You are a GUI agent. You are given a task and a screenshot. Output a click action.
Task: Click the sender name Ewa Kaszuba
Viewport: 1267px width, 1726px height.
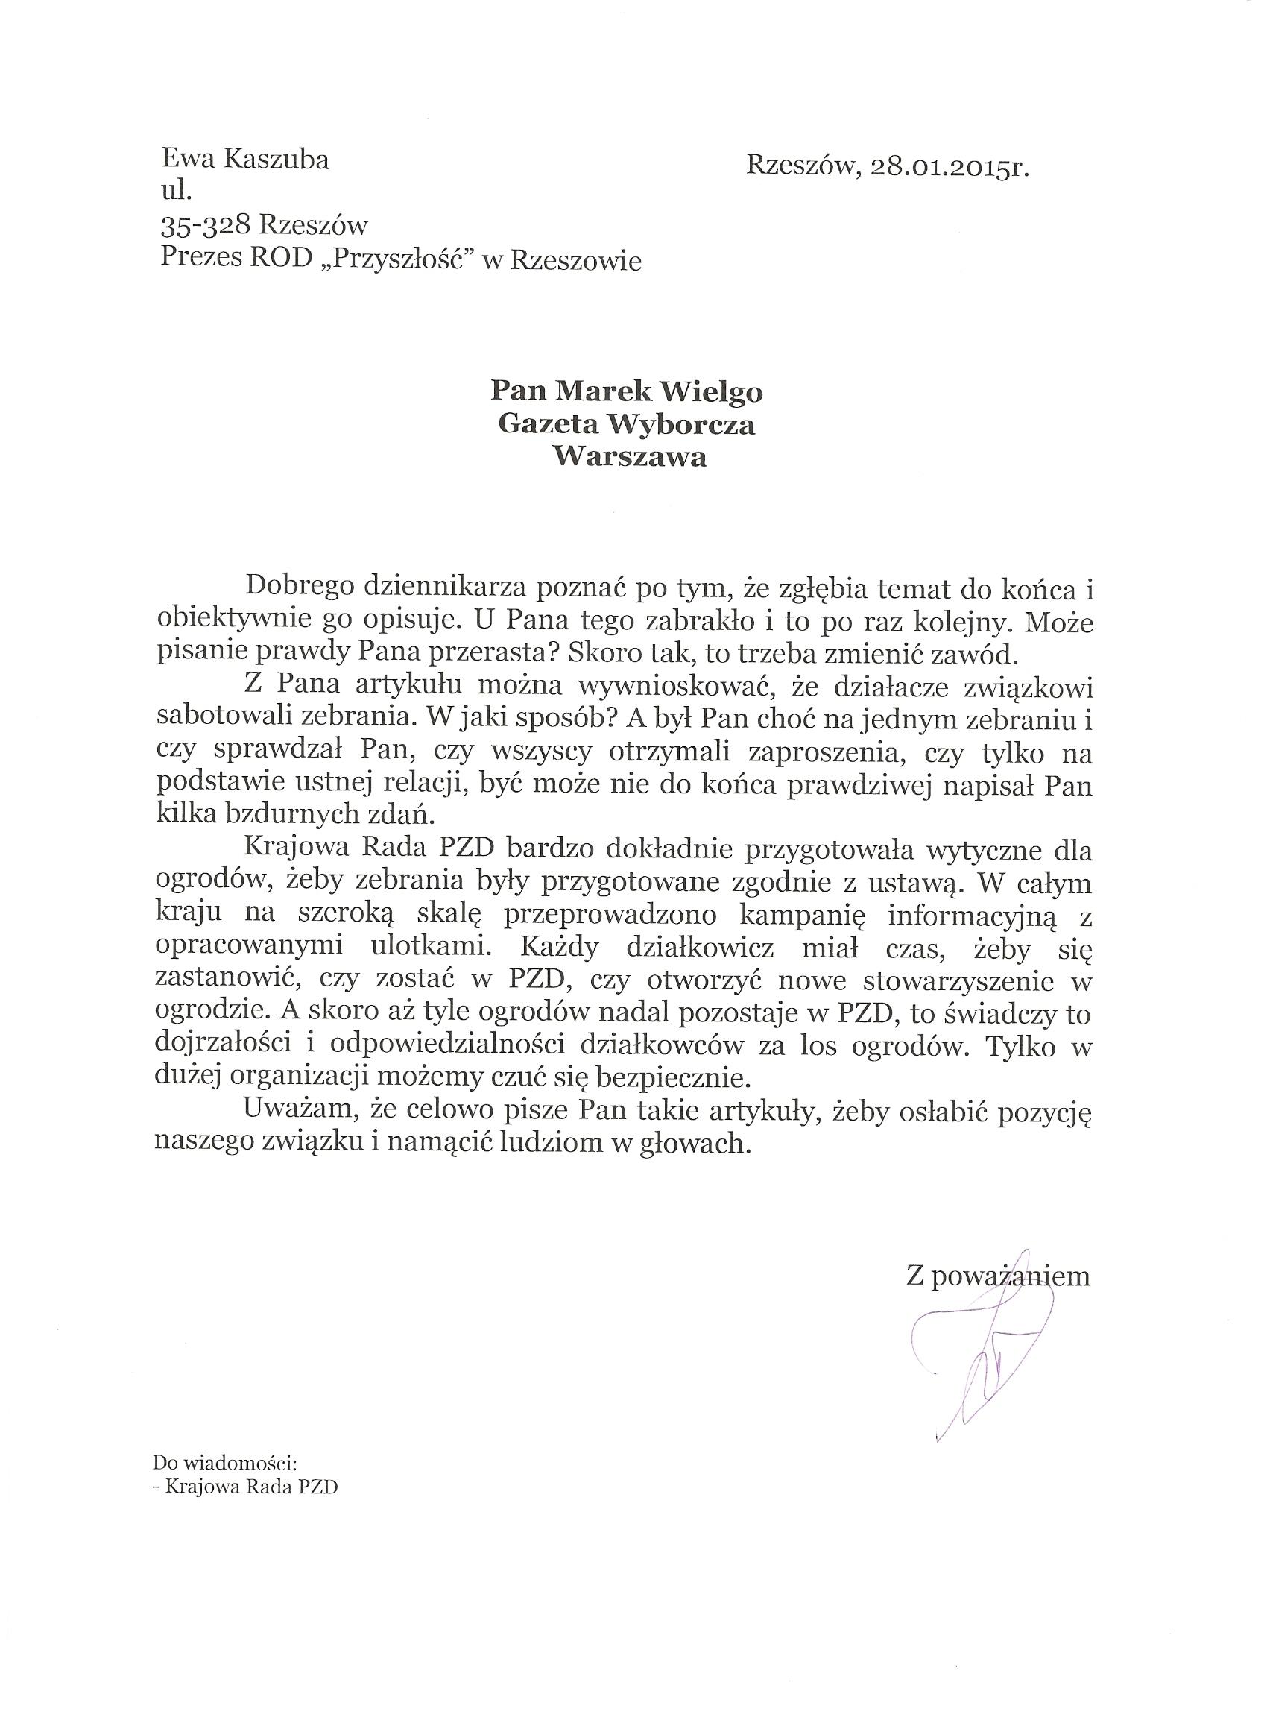point(244,160)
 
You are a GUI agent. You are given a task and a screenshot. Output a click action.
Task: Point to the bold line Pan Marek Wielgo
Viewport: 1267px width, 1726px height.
point(627,392)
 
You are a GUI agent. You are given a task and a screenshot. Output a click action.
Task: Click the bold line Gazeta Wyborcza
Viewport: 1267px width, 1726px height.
point(627,424)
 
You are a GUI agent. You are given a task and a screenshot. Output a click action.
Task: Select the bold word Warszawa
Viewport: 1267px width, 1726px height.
point(629,457)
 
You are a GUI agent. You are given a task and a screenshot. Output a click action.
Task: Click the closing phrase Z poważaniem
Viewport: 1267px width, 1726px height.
point(997,1276)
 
